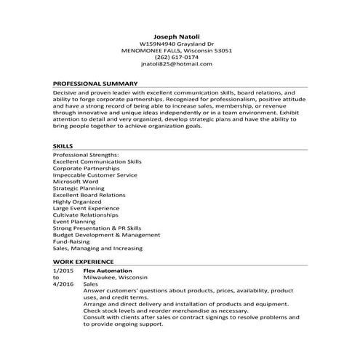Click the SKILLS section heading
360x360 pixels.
point(63,146)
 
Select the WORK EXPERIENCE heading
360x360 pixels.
point(83,261)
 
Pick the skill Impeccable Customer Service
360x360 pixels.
point(95,175)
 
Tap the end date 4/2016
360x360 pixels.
point(63,284)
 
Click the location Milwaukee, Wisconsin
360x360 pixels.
point(115,277)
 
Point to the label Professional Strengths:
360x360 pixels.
point(85,155)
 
